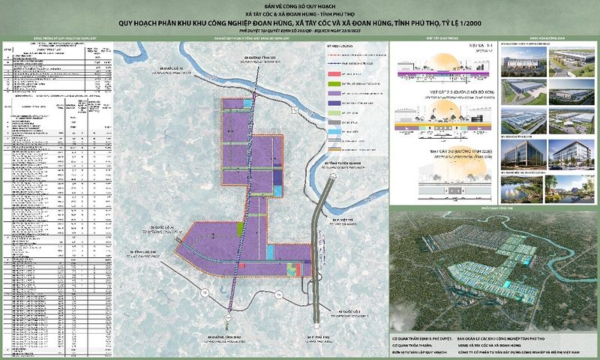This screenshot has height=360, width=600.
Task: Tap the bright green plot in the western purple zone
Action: [x=241, y=228]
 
